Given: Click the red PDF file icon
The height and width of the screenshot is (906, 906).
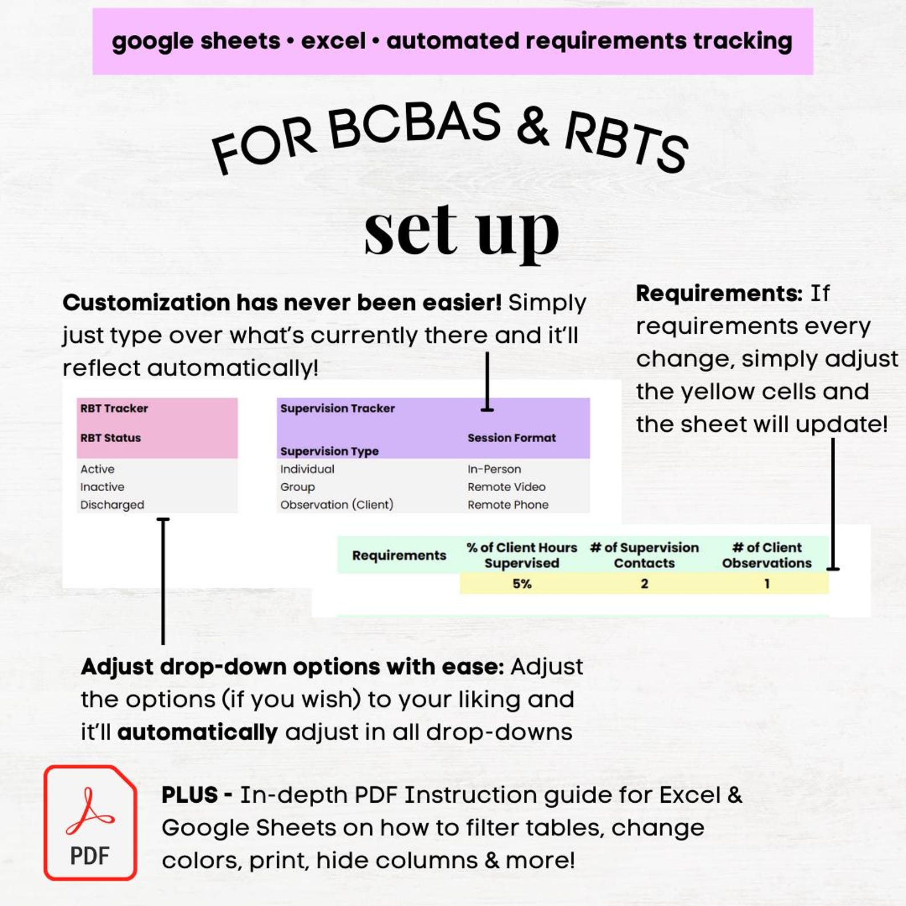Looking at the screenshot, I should (x=90, y=822).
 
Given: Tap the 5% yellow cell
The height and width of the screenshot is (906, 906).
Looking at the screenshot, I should (x=521, y=584).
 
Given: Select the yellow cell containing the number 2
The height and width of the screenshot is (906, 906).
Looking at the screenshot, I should (x=644, y=584).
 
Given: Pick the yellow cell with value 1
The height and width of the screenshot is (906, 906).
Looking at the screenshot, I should (x=767, y=584).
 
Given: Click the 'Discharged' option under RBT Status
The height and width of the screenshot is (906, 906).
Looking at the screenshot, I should (x=112, y=505).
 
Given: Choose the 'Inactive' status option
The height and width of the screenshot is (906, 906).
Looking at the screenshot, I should (x=102, y=487).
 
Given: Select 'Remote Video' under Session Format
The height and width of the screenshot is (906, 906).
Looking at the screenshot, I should (x=507, y=487).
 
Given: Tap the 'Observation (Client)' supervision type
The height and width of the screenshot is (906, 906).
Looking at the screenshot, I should (x=337, y=505).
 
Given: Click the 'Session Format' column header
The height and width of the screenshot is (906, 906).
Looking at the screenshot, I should (x=511, y=438).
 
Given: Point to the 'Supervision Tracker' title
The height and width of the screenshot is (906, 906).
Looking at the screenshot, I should (x=337, y=408).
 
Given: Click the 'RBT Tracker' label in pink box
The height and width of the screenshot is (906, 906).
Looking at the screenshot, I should (x=114, y=408).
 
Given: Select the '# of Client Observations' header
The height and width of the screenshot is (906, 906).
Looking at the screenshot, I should (x=767, y=555).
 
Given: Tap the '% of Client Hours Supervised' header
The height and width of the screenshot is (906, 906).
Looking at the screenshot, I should (x=521, y=555).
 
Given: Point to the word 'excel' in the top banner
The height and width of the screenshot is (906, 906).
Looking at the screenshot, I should (x=333, y=41).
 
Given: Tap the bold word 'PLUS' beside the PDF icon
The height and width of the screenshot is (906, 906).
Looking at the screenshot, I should (x=189, y=795).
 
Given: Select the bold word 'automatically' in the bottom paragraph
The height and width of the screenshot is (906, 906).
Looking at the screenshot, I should (x=197, y=732).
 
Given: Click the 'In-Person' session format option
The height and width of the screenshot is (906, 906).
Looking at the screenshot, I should (x=494, y=469).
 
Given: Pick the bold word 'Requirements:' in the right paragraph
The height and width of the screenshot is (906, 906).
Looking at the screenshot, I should (x=719, y=293).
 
